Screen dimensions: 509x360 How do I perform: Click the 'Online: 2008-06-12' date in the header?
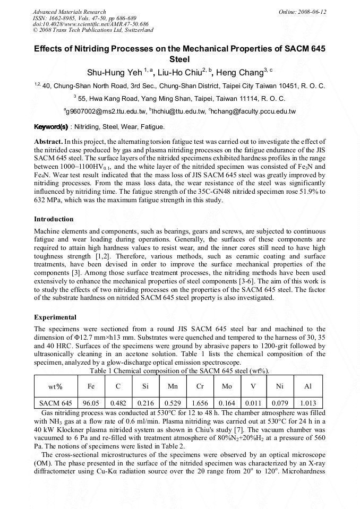tap(303, 12)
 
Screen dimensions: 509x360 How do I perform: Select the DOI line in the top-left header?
tap(91, 24)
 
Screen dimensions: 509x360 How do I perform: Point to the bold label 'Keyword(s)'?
tap(50, 127)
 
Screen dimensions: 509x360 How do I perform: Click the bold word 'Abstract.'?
tap(48, 142)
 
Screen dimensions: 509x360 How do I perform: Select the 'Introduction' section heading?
tap(54, 219)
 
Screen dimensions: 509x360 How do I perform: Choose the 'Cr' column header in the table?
tap(200, 387)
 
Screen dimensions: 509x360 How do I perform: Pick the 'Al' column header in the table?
tap(307, 387)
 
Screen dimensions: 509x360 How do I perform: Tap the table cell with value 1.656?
tap(200, 403)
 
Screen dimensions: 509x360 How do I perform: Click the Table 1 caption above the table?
tap(179, 370)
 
